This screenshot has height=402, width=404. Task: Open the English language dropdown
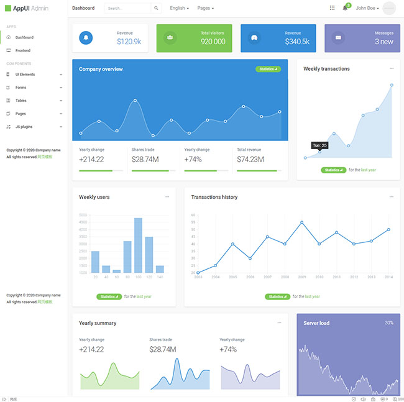[x=179, y=9]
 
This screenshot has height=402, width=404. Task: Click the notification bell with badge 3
[x=346, y=8]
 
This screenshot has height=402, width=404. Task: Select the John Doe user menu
[x=367, y=9]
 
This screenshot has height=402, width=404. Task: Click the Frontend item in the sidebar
[x=23, y=50]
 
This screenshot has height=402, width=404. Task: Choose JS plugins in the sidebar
[x=24, y=127]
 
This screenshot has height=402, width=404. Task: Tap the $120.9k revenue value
[x=129, y=42]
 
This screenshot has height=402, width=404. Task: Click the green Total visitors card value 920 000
[x=213, y=42]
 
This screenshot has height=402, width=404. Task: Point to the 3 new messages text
[x=383, y=42]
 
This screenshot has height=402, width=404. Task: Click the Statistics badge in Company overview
[x=268, y=69]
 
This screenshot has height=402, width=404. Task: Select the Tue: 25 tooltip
[x=319, y=145]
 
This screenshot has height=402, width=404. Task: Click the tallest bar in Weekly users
[x=138, y=245]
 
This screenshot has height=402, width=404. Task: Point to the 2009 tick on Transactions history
[x=301, y=277]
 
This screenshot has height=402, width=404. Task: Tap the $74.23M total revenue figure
[x=250, y=160]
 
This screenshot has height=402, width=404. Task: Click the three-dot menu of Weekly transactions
[x=392, y=69]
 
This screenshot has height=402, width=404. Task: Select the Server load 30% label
[x=389, y=323]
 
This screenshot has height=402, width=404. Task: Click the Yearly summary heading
[x=98, y=323]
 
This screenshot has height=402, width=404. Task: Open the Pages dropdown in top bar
[x=205, y=9]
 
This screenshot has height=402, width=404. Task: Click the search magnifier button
[x=156, y=9]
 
